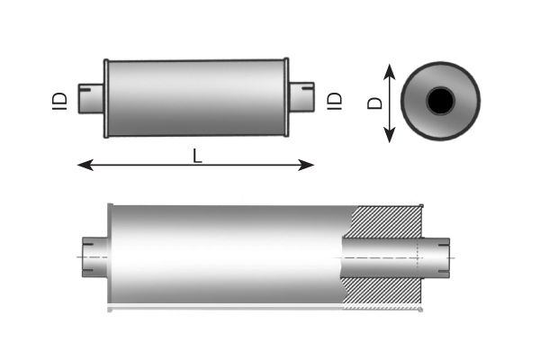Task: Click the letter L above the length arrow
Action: pos(197,156)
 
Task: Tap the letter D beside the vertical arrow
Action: pos(375,103)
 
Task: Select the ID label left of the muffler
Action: pos(59,102)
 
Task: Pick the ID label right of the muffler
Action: pos(335,102)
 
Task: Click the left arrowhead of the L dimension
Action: pos(85,165)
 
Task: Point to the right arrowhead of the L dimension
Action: pos(306,165)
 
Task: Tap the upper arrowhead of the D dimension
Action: pos(390,72)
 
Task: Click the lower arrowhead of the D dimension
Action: pos(390,135)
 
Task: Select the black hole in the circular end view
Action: pos(440,101)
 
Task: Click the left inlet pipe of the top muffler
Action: pos(91,98)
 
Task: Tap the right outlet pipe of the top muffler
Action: pos(301,97)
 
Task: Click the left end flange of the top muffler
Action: pos(106,98)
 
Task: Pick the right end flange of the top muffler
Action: pos(286,97)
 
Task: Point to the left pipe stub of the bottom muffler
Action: pos(95,257)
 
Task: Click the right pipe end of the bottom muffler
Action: pos(436,257)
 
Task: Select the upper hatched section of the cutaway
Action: pos(387,222)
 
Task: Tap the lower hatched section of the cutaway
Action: pos(382,292)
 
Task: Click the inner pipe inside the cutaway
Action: pos(382,257)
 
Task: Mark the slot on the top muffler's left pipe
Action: pos(85,90)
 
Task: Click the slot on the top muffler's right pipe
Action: pos(308,89)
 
